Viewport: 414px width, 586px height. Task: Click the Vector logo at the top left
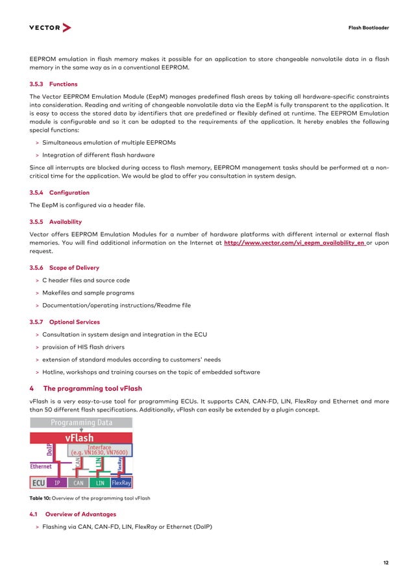point(50,28)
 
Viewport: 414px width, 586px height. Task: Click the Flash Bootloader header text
point(369,29)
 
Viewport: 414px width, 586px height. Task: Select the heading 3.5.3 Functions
point(54,84)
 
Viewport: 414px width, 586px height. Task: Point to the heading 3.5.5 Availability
point(56,221)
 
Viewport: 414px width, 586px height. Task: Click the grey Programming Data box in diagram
point(81,422)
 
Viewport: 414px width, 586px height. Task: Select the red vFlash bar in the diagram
point(81,437)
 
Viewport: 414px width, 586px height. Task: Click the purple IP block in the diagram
point(57,483)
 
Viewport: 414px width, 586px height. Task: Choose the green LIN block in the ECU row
point(100,483)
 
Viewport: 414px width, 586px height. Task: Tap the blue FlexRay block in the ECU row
point(121,483)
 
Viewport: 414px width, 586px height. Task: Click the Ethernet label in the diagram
point(41,466)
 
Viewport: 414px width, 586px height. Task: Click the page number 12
point(386,562)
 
